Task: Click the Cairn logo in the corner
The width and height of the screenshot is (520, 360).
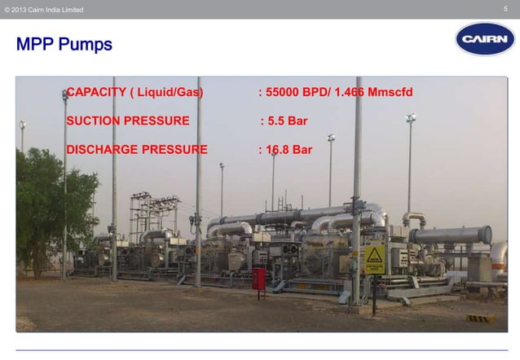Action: (484, 38)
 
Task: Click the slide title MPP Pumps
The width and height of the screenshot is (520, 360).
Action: (64, 44)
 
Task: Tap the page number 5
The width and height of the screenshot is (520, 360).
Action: (506, 9)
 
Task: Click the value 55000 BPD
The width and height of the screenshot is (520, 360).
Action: (305, 92)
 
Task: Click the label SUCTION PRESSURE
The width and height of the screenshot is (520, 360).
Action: (128, 121)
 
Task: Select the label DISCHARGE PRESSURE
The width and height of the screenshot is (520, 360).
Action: (136, 150)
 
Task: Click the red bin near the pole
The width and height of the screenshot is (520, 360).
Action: (258, 278)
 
